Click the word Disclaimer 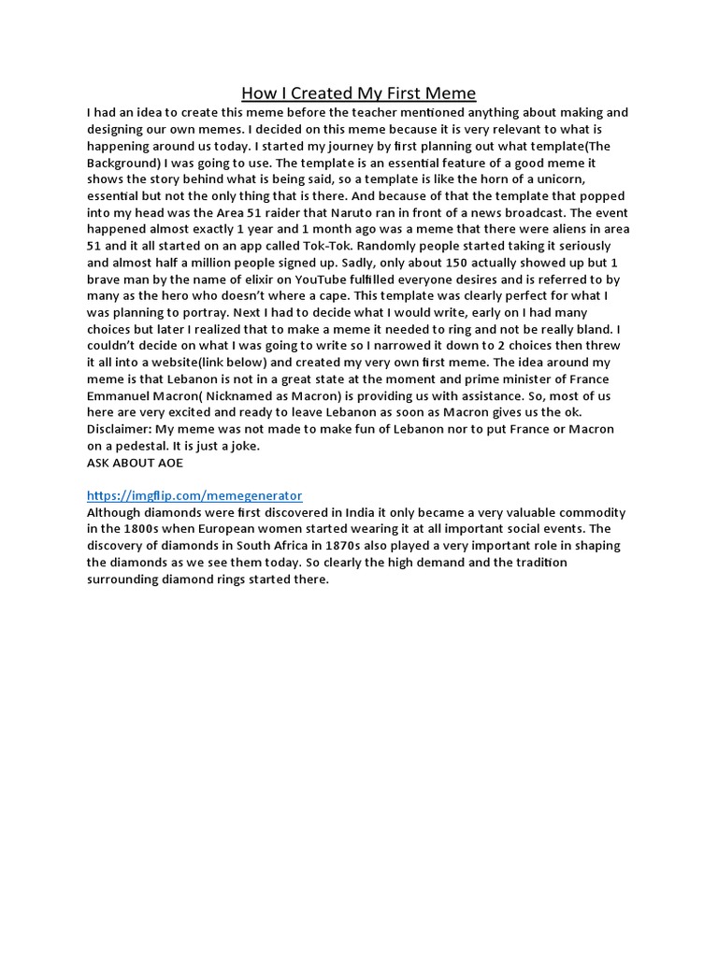coord(120,429)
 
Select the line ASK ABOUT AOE coord(135,463)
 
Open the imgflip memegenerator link coord(194,495)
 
